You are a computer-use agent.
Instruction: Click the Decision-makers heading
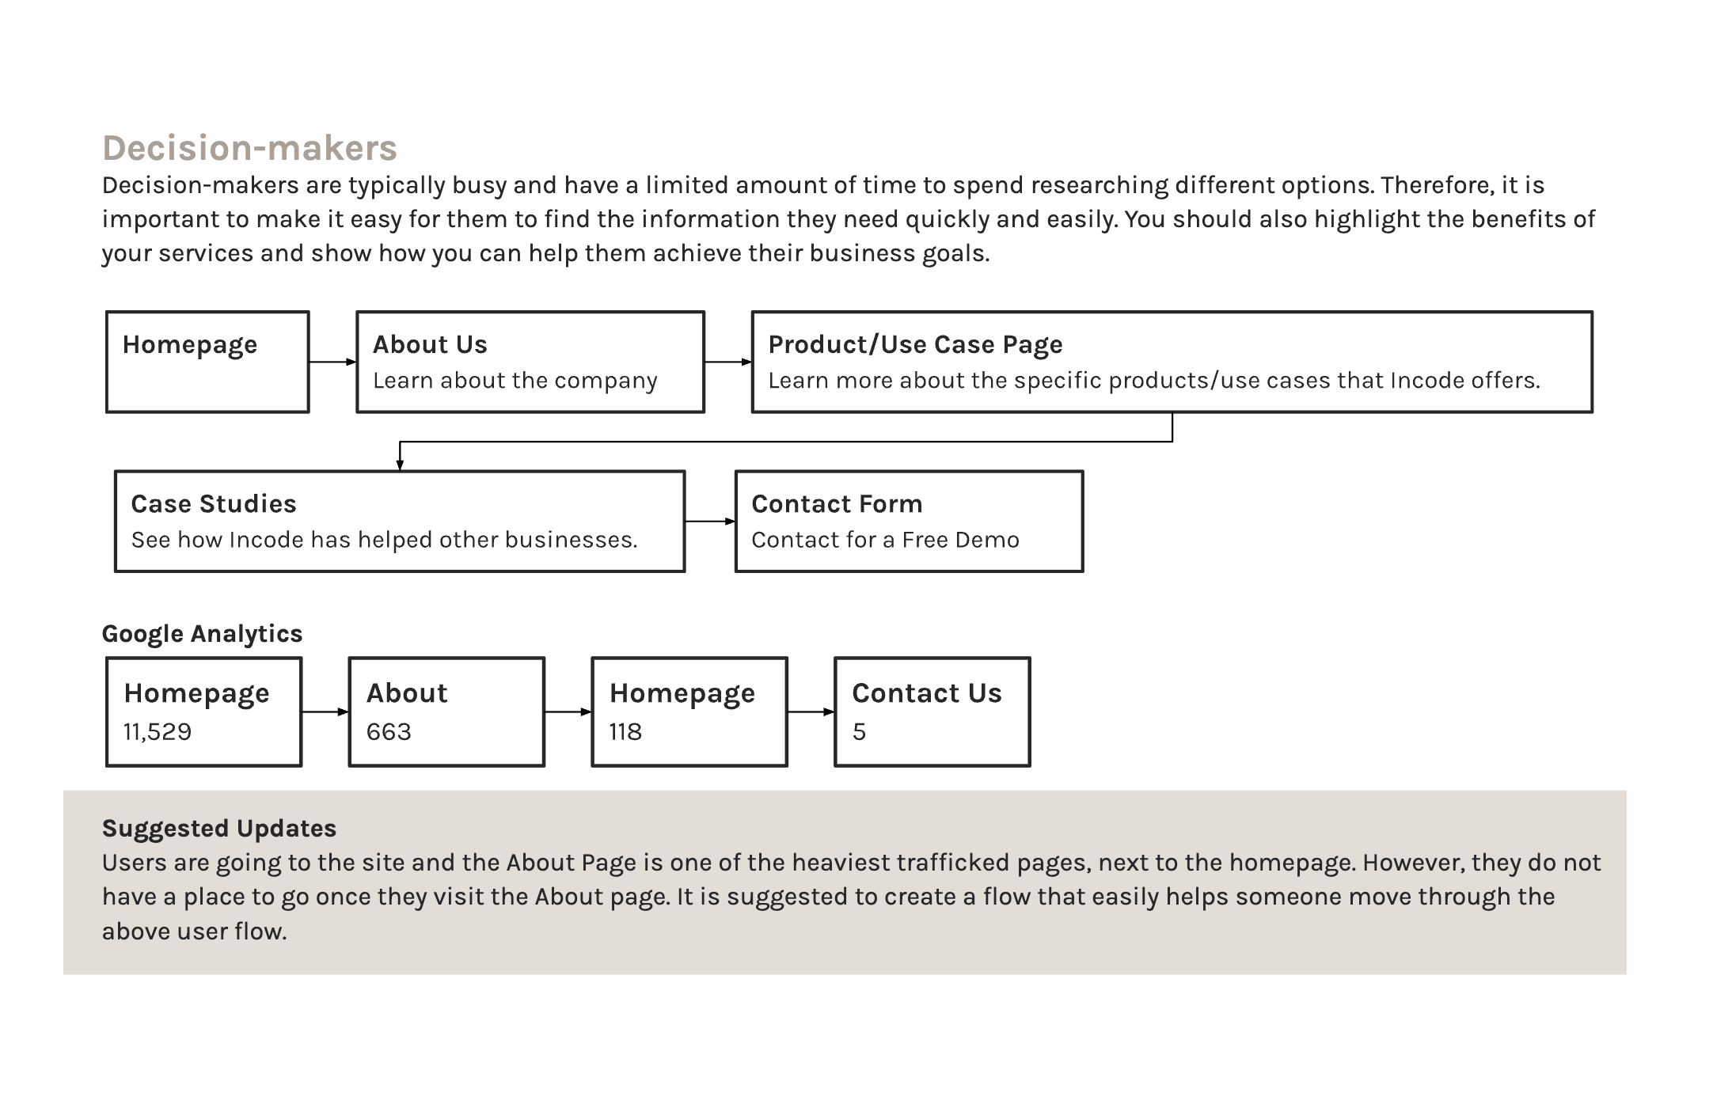pos(249,148)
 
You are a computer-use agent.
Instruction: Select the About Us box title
pos(430,344)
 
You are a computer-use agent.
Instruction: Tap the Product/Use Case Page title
pos(915,345)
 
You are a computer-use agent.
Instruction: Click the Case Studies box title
pos(213,503)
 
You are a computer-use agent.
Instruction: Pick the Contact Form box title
pos(837,503)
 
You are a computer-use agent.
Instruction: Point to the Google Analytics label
pos(202,634)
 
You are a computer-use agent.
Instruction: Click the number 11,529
pos(157,731)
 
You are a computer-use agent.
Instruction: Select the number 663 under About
pos(389,731)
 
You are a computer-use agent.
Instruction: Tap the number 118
pos(625,731)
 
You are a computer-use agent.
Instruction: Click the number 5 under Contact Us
pos(859,731)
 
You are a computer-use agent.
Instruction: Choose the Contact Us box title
pos(926,692)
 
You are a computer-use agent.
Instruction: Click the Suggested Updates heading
pos(219,829)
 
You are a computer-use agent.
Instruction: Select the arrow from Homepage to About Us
pos(332,362)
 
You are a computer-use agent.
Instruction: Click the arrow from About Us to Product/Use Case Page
pos(727,362)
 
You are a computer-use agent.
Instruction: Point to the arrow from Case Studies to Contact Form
pos(710,522)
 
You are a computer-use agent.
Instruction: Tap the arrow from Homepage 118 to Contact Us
pos(811,711)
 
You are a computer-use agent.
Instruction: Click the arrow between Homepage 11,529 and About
pos(325,711)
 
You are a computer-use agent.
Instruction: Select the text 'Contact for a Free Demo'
pos(885,540)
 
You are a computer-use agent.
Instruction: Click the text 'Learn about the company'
pos(515,381)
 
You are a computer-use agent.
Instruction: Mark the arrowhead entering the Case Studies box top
pos(400,466)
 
